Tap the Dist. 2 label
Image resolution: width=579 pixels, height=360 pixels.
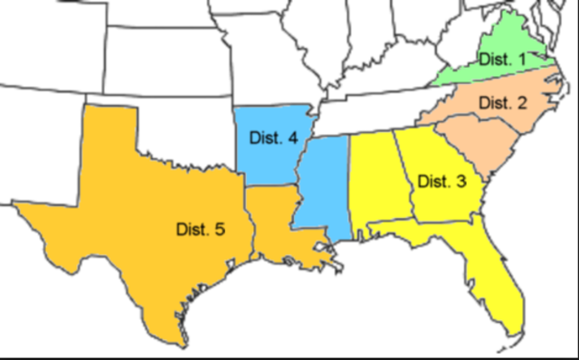click(x=502, y=101)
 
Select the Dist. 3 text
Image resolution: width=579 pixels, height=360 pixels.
click(x=441, y=180)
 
